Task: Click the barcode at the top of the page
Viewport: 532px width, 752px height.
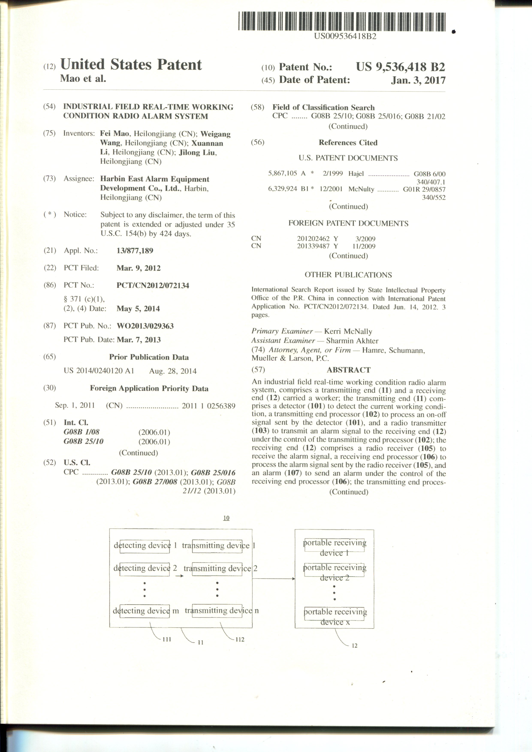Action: [342, 22]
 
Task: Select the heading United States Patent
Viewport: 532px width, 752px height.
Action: [131, 65]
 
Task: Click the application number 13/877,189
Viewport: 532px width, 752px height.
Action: [135, 251]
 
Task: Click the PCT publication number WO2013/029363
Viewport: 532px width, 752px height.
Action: [145, 326]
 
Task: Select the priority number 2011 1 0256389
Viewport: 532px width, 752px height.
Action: [208, 406]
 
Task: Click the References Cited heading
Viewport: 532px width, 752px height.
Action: [348, 143]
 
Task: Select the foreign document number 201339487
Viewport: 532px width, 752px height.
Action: [313, 246]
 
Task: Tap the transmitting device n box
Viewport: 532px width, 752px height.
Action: [217, 611]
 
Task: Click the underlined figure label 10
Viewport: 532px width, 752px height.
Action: [226, 518]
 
